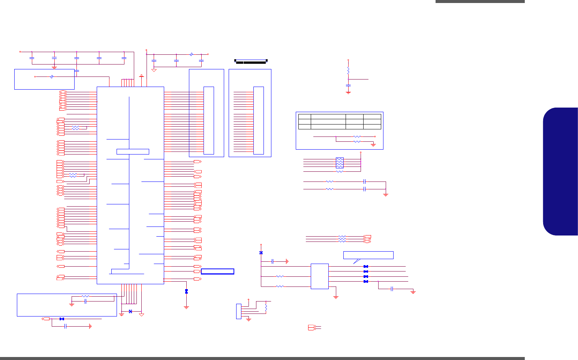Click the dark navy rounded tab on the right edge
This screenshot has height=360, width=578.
click(561, 171)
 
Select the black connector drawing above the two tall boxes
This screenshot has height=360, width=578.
click(250, 61)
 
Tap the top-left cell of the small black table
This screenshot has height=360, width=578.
click(304, 117)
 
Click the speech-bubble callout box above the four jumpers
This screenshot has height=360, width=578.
click(368, 255)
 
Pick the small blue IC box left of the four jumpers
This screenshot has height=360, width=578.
click(319, 276)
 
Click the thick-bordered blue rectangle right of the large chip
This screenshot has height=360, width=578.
click(217, 271)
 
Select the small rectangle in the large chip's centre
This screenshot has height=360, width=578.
click(133, 151)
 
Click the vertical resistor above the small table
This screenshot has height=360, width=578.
click(348, 70)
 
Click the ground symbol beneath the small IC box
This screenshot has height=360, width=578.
click(336, 297)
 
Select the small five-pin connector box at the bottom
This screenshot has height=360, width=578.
click(238, 311)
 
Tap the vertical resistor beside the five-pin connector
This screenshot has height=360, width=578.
click(266, 307)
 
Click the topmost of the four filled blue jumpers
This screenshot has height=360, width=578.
click(365, 266)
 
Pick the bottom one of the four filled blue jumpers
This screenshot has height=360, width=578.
click(365, 281)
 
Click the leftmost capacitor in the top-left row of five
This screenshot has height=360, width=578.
click(32, 58)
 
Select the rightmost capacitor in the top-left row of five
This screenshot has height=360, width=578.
click(124, 58)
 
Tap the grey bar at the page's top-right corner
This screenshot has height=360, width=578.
click(480, 1)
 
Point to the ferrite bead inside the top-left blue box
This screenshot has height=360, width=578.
click(51, 76)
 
